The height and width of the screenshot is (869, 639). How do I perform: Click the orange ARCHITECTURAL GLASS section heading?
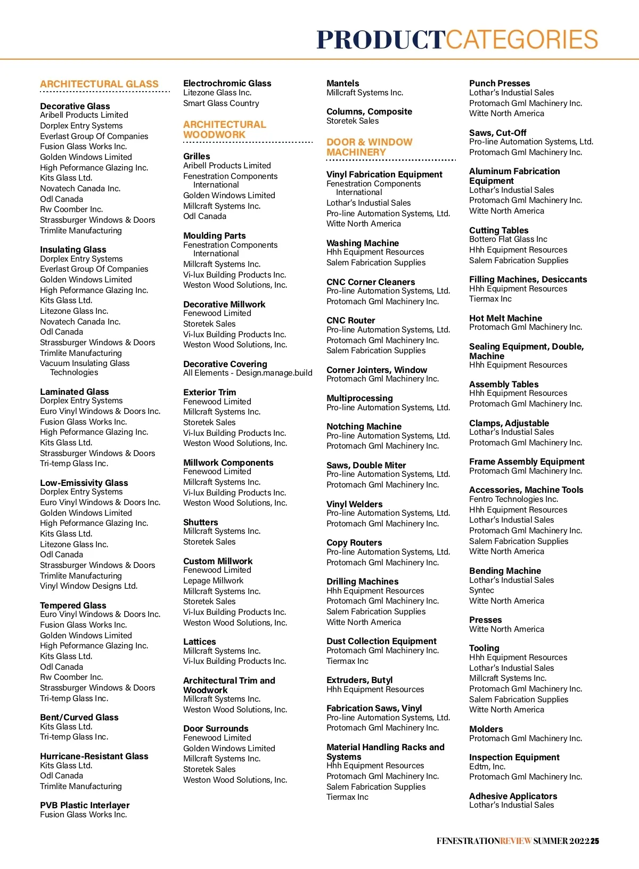[x=99, y=84]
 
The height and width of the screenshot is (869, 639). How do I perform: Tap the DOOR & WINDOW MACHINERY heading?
[x=369, y=147]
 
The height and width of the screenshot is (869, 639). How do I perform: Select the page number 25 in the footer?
[x=594, y=841]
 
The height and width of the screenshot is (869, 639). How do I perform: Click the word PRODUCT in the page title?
[x=381, y=40]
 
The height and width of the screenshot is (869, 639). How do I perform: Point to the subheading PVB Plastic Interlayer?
[x=85, y=805]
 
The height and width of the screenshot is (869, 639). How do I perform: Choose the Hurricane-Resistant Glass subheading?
[x=94, y=756]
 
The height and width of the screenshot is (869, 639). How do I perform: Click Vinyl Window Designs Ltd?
[x=88, y=586]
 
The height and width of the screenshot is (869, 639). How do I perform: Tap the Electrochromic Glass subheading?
[x=227, y=83]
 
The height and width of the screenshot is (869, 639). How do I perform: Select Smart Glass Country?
[x=221, y=103]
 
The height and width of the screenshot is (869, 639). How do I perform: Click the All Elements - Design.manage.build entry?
[x=248, y=373]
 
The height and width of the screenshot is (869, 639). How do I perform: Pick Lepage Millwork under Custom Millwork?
[x=213, y=581]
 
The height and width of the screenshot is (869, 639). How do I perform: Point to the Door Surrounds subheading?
[x=216, y=728]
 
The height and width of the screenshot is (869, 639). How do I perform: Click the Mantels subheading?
[x=342, y=83]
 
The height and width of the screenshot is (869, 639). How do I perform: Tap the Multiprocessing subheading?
[x=359, y=398]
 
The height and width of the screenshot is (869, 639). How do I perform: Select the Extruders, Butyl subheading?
[x=359, y=680]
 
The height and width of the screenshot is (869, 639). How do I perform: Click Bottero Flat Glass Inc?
[x=508, y=239]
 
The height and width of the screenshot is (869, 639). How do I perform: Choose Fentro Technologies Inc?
[x=513, y=499]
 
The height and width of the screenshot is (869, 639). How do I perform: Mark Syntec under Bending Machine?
[x=481, y=590]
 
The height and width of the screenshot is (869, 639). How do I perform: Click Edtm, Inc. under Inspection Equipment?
[x=487, y=767]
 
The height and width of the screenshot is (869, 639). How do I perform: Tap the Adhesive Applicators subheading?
[x=513, y=796]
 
